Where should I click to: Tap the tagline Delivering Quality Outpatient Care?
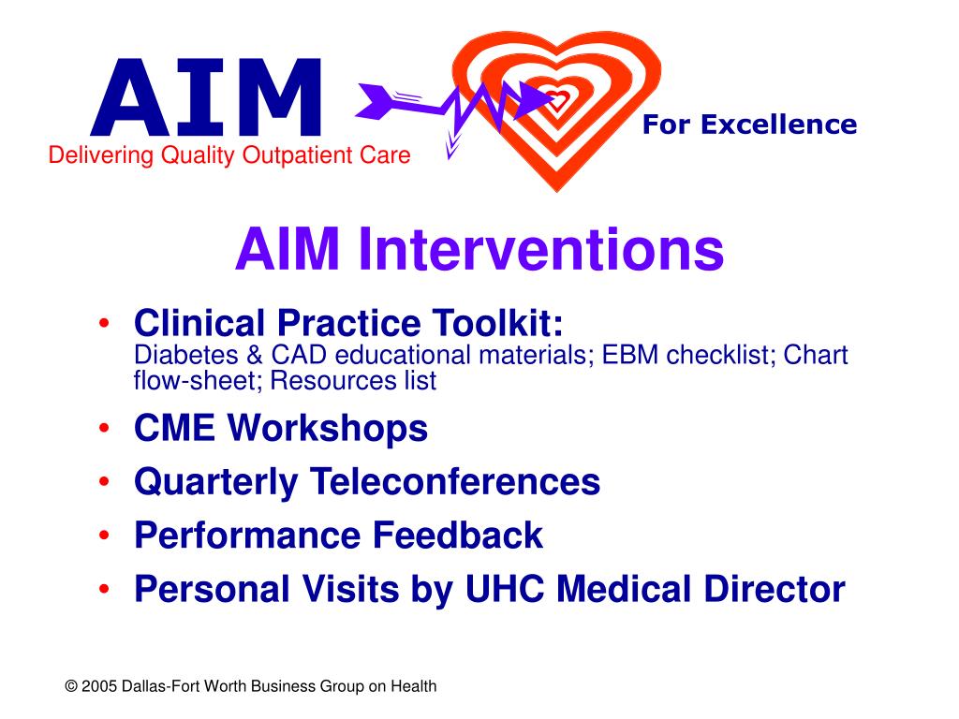click(x=229, y=155)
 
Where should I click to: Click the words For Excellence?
click(x=749, y=125)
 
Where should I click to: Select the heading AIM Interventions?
click(x=479, y=249)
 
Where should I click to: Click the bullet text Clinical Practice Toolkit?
click(x=349, y=325)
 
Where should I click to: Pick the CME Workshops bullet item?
click(x=281, y=429)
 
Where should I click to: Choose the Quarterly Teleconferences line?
click(x=367, y=482)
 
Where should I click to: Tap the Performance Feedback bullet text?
click(x=338, y=536)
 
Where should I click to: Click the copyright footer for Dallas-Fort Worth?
click(x=251, y=686)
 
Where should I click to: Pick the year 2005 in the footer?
click(x=99, y=686)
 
